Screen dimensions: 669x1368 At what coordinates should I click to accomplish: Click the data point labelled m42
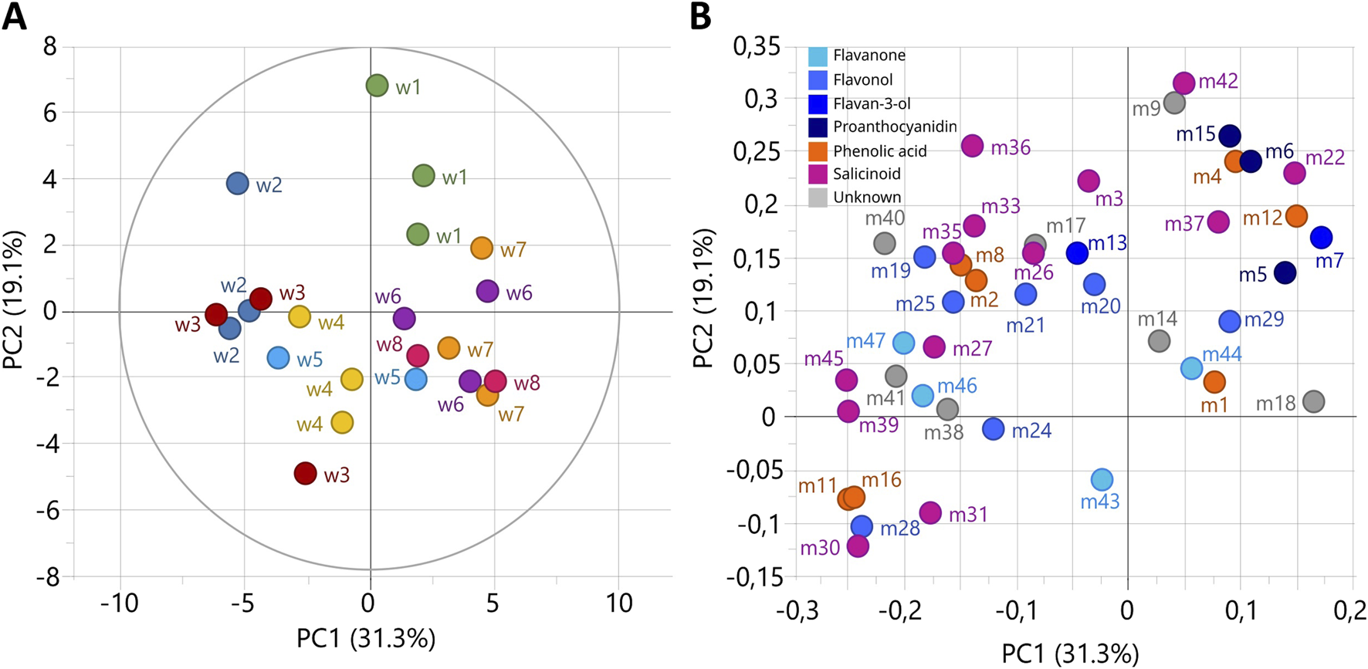pos(1183,83)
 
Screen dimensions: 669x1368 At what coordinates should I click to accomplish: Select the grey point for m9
pos(1174,103)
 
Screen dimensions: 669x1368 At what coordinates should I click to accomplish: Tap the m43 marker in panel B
pos(1102,479)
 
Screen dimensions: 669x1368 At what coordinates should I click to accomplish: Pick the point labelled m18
pos(1313,401)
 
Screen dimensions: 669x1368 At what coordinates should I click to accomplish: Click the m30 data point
pos(858,546)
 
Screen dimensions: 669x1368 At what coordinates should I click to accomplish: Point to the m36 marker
pos(972,145)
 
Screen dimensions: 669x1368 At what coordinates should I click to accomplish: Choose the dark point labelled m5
pos(1285,272)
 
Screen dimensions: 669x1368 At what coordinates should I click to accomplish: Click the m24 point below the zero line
pos(994,429)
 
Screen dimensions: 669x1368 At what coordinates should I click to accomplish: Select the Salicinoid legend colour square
pos(818,174)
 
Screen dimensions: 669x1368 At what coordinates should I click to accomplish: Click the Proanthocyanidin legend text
pos(895,127)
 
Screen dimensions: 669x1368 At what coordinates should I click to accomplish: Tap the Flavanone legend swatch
pos(818,56)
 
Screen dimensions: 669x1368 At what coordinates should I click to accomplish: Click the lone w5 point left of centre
pos(278,358)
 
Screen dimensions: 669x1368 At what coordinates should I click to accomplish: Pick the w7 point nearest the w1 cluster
pos(482,248)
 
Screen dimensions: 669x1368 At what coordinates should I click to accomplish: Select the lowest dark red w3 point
pos(306,473)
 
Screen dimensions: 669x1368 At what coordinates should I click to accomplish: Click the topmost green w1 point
pos(377,85)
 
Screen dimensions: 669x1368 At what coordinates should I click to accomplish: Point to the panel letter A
pos(14,17)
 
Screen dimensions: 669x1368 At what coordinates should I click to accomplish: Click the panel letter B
pos(700,17)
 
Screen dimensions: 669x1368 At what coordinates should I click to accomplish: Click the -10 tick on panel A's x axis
pos(119,603)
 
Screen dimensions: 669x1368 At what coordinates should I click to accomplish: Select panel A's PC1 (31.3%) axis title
pos(366,639)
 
